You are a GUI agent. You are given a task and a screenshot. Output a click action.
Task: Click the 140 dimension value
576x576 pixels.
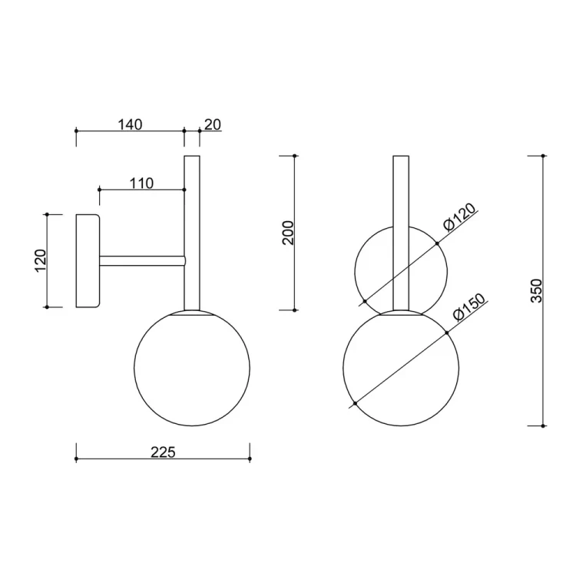coord(130,124)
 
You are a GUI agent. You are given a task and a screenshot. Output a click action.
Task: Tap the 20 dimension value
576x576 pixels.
coord(213,124)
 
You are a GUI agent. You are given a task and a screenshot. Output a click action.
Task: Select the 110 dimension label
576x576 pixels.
coord(141,183)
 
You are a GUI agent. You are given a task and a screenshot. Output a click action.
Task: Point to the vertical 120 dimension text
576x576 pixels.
coord(41,260)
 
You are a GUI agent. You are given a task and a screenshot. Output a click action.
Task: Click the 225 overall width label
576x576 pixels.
coord(163,452)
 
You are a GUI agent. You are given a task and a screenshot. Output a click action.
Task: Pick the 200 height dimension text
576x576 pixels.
coord(288,233)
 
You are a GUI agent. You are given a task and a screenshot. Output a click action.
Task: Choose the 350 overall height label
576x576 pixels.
coord(536,290)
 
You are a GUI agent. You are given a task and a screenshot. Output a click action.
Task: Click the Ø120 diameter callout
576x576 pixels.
coord(459,217)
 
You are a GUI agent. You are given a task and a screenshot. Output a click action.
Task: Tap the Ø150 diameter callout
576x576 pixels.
coord(469,307)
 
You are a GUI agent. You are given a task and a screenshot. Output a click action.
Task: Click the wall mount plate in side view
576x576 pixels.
coord(88,261)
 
